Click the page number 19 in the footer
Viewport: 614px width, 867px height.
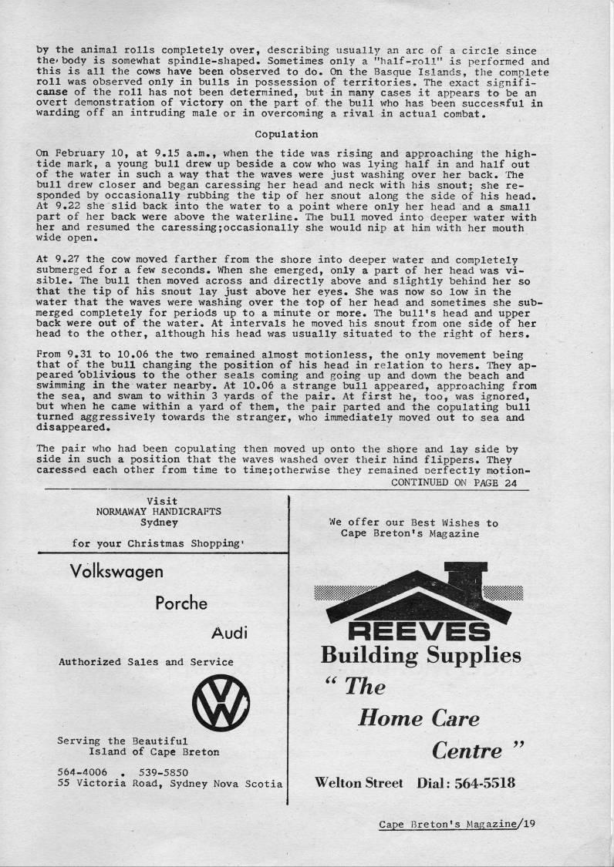[x=528, y=823]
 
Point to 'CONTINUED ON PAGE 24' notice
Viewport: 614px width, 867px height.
[x=454, y=482]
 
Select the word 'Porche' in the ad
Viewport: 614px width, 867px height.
[x=181, y=603]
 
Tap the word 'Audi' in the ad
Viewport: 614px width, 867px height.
[x=228, y=633]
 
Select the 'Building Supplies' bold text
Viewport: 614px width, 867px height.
[x=420, y=656]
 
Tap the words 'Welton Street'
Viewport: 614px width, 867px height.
[x=359, y=783]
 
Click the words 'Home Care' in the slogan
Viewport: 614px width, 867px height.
[x=418, y=719]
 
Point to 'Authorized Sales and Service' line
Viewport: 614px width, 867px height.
[x=146, y=661]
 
